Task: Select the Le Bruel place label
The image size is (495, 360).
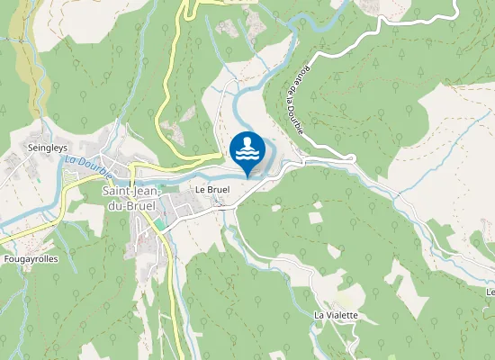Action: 212,191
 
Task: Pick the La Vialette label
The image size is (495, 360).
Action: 336,315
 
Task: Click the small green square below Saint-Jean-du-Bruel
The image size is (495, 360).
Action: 160,222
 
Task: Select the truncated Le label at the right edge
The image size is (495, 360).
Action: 490,292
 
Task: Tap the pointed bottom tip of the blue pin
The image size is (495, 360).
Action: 247,176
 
